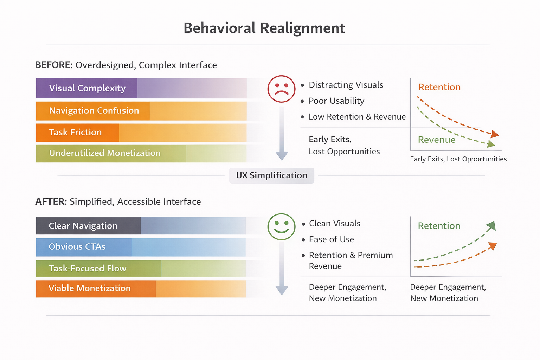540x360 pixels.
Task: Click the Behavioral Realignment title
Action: click(x=264, y=28)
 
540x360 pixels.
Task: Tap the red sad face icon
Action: click(x=281, y=89)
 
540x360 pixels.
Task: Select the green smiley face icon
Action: click(x=281, y=227)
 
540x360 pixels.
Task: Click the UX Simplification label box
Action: click(x=271, y=175)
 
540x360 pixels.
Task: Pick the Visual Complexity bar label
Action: click(x=87, y=88)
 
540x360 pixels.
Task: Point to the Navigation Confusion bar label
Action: click(x=94, y=111)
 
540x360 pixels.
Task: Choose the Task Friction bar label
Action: click(x=75, y=133)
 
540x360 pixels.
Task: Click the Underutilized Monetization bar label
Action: click(x=105, y=153)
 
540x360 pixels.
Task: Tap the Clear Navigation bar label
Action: click(x=83, y=226)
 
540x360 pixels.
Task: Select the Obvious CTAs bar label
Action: click(x=77, y=247)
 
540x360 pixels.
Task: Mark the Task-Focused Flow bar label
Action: click(x=88, y=269)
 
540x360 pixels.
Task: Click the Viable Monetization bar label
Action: click(x=90, y=288)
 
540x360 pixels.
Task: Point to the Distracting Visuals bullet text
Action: click(x=346, y=85)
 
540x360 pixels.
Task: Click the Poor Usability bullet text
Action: click(x=336, y=101)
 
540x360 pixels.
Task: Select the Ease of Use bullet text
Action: click(x=332, y=239)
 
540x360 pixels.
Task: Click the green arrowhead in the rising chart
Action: click(x=491, y=226)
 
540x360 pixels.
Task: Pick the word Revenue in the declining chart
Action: click(x=437, y=140)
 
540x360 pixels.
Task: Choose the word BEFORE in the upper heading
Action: click(x=54, y=65)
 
